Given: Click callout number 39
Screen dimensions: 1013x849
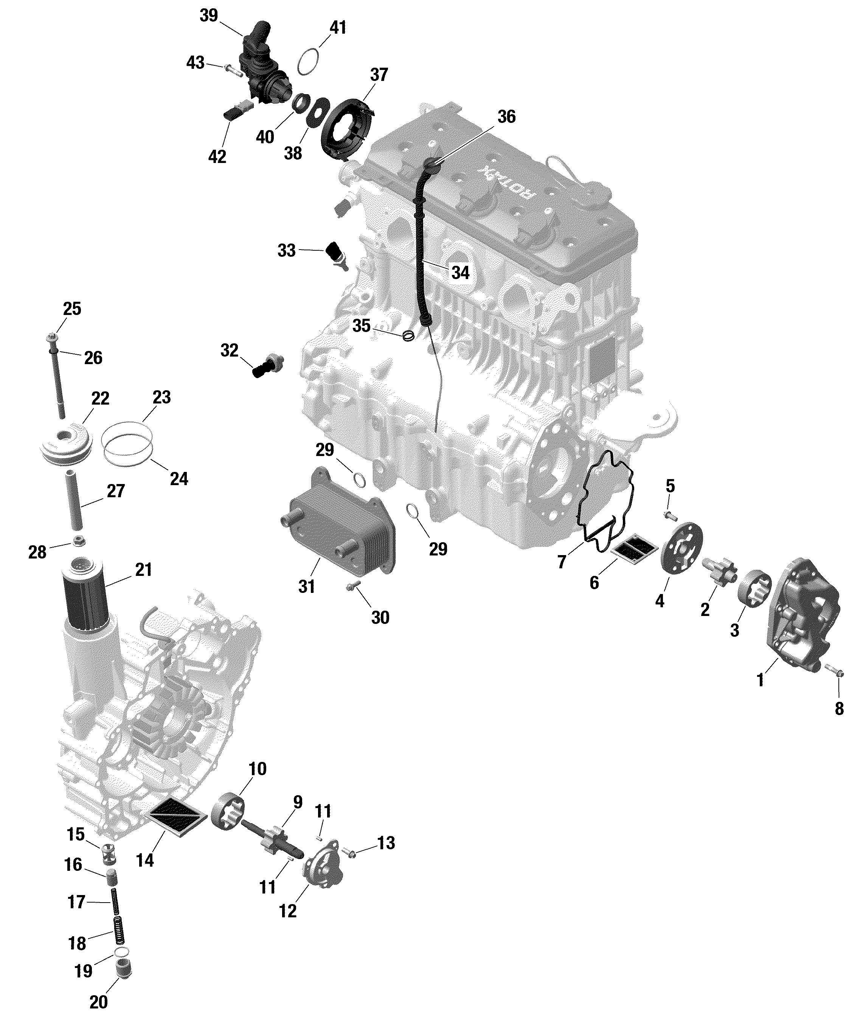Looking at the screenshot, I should (x=209, y=16).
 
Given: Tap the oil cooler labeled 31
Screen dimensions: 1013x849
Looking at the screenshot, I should (x=338, y=523).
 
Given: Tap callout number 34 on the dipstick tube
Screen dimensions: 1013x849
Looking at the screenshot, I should (x=460, y=273).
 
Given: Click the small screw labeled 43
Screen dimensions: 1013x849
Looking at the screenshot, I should (x=231, y=70).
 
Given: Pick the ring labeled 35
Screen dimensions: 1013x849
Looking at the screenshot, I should (x=408, y=335).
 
